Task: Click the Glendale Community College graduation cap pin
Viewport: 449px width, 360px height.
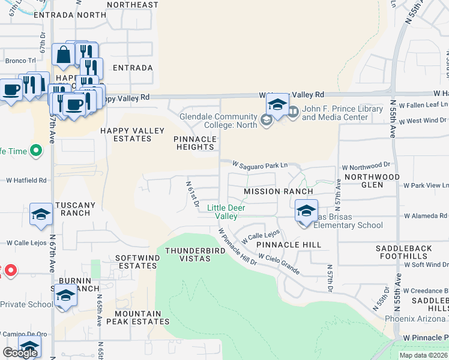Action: pyautogui.click(x=277, y=106)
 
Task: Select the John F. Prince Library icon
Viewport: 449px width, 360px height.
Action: pyautogui.click(x=293, y=112)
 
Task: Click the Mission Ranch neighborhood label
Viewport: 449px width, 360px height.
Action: pyautogui.click(x=278, y=191)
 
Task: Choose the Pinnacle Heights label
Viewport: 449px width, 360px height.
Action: pyautogui.click(x=194, y=143)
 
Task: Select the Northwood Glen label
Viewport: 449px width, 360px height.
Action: pyautogui.click(x=380, y=181)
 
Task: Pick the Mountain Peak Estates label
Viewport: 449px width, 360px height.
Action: pyautogui.click(x=138, y=317)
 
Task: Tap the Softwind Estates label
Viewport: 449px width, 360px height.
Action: pyautogui.click(x=137, y=262)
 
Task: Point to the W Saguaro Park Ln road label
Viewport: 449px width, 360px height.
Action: pyautogui.click(x=261, y=164)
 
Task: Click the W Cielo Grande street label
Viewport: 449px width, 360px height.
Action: pyautogui.click(x=279, y=264)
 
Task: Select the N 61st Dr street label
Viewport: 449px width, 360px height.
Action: pyautogui.click(x=192, y=195)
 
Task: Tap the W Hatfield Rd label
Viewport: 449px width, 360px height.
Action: pyautogui.click(x=26, y=180)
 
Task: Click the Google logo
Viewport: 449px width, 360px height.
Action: pyautogui.click(x=20, y=353)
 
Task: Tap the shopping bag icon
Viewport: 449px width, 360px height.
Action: pyautogui.click(x=64, y=55)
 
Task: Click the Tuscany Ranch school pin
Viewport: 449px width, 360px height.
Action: pyautogui.click(x=41, y=214)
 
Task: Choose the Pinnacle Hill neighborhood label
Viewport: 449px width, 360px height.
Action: pyautogui.click(x=288, y=245)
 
